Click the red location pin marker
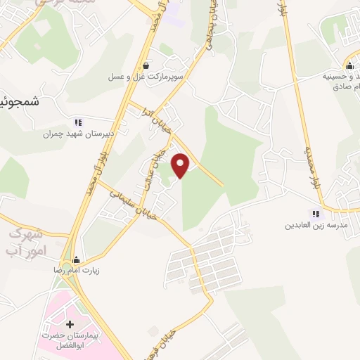point(181,165)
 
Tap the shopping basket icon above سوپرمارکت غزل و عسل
point(145,65)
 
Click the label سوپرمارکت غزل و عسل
point(141,76)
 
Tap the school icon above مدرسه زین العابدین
point(316,214)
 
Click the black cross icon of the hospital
point(70,325)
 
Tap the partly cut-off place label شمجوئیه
point(17,102)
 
